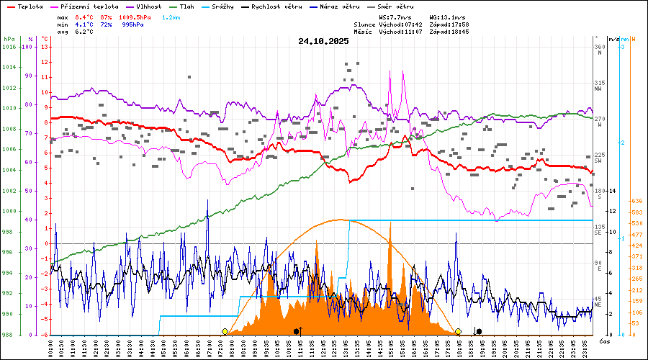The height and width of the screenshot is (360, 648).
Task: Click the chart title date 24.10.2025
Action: [x=323, y=41]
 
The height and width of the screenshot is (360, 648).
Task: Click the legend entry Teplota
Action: [x=24, y=6]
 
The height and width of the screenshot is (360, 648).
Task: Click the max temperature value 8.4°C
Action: [x=85, y=17]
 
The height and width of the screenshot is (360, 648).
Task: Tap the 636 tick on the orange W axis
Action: [x=636, y=201]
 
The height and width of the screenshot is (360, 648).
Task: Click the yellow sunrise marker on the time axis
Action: [x=225, y=331]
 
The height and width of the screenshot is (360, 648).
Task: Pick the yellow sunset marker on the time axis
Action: [x=458, y=331]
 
